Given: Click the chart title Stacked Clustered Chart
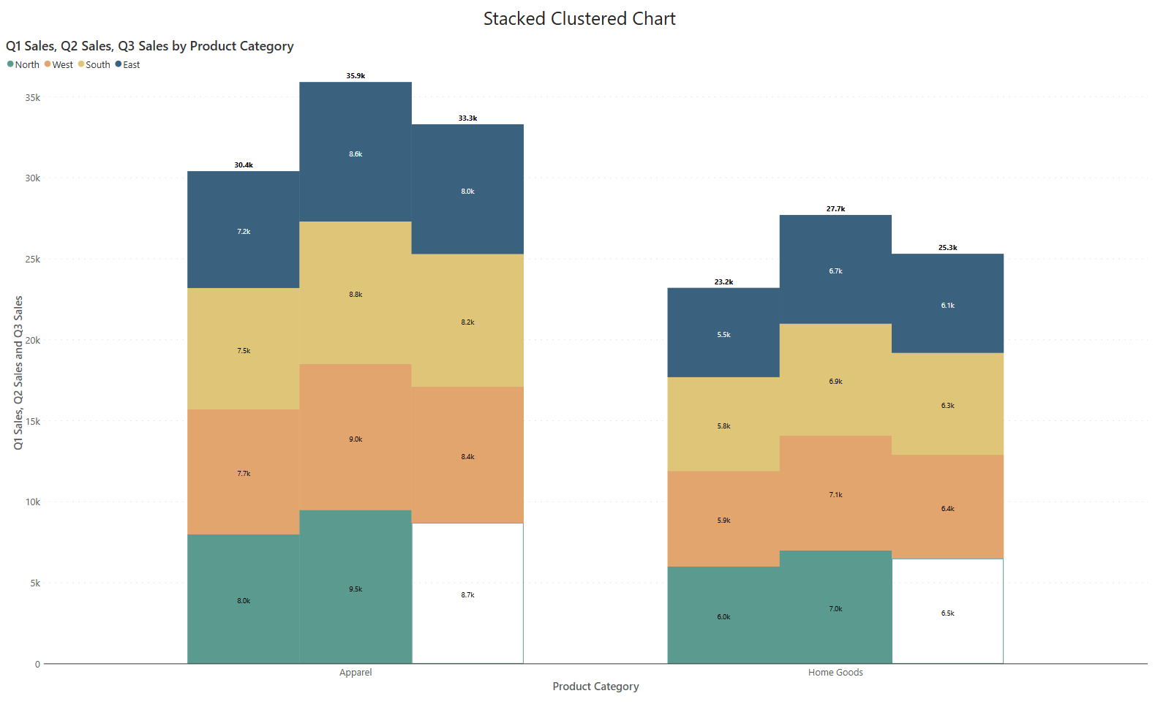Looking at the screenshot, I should click(x=579, y=19).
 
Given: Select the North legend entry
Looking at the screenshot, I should click(x=23, y=65).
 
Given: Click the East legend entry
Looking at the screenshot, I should click(x=128, y=65).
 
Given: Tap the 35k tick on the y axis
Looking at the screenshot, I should click(x=32, y=97).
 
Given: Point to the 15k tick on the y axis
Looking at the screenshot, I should click(x=32, y=421).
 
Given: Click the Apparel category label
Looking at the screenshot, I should click(x=356, y=673).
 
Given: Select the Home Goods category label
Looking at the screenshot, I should click(x=835, y=673).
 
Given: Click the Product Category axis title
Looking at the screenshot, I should click(x=595, y=687).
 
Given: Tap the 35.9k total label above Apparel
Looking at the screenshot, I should click(x=356, y=76).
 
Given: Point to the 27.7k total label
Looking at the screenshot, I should click(x=835, y=209).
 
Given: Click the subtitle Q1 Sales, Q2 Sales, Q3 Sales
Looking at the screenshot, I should click(x=149, y=46).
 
